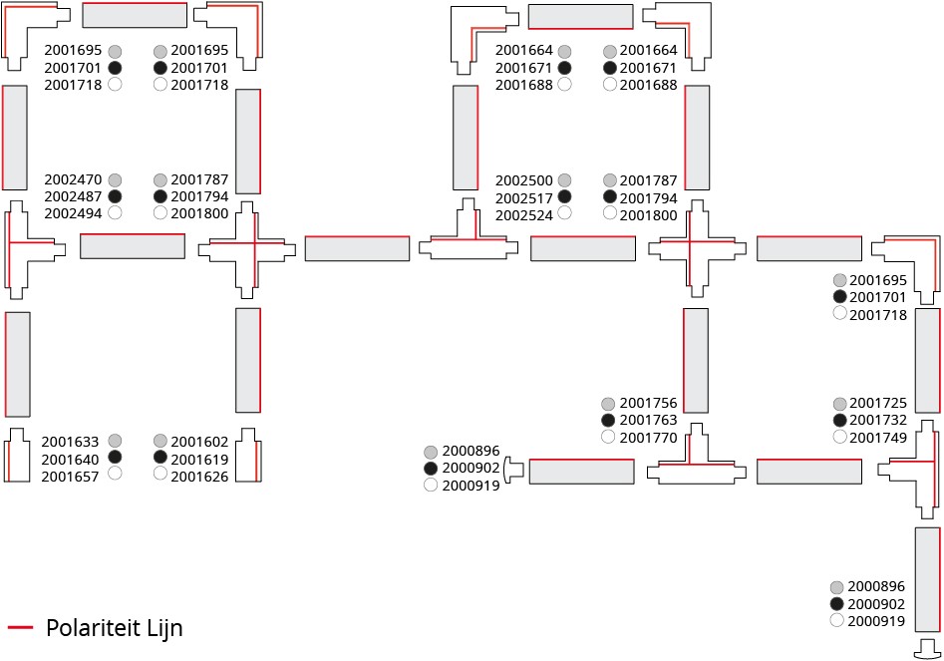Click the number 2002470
73,179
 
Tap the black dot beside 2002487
115,196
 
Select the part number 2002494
73,213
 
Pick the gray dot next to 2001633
115,441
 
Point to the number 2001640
70,458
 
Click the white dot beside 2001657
115,474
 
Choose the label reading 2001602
199,441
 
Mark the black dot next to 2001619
160,458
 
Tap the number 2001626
199,476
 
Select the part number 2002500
524,180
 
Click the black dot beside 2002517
564,197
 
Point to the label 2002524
524,214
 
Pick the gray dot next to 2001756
609,404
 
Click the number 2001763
648,420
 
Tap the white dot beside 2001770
609,437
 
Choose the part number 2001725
877,404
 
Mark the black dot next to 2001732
839,420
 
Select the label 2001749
877,437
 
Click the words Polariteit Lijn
115,627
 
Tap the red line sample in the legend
21,627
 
